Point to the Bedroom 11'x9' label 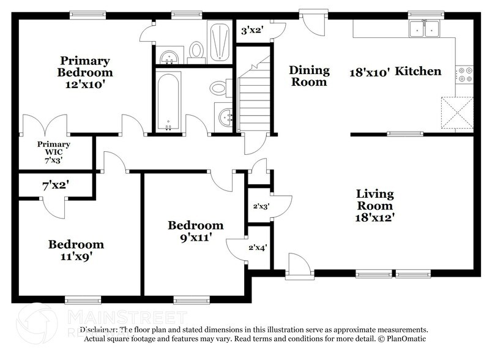[x=76, y=250]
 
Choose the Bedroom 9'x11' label [x=196, y=231]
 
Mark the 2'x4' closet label [x=257, y=248]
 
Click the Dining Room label [x=309, y=76]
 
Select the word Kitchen [x=418, y=72]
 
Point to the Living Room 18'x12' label [x=375, y=205]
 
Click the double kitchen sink [x=425, y=28]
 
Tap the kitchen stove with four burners [x=464, y=74]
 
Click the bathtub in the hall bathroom [x=167, y=101]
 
